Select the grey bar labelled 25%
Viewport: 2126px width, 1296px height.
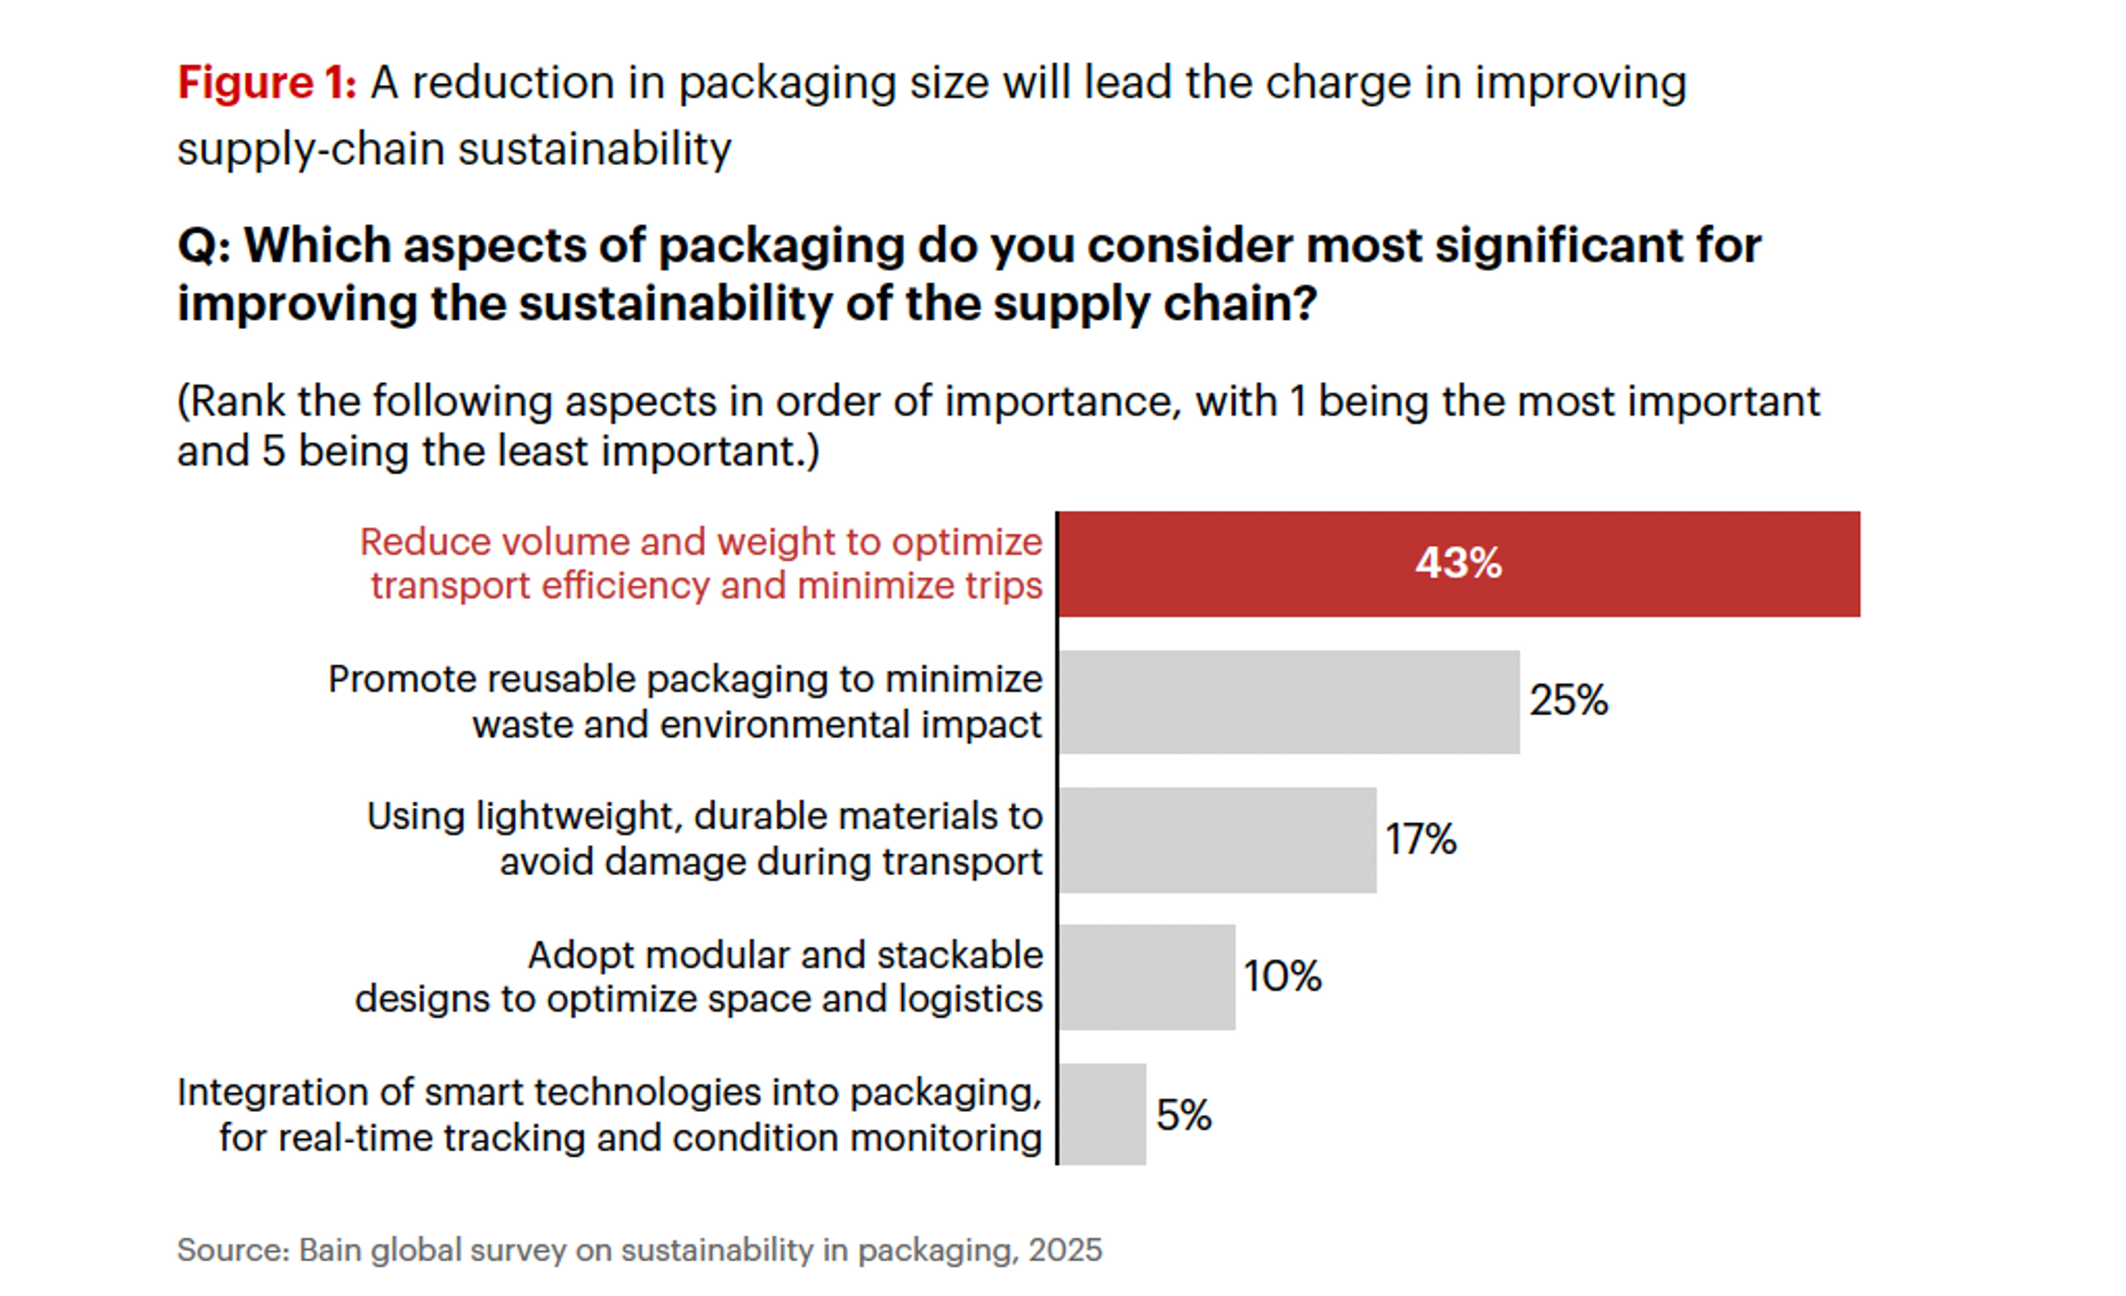tap(1289, 702)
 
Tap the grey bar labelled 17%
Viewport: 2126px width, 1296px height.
tap(1217, 839)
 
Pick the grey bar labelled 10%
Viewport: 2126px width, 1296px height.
tap(1146, 976)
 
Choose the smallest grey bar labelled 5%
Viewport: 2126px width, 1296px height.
tap(1102, 1114)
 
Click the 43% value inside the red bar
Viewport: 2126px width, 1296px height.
tap(1458, 563)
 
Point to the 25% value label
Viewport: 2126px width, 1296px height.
tap(1568, 700)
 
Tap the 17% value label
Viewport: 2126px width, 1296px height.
tap(1420, 839)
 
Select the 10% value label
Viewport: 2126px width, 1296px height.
tap(1282, 976)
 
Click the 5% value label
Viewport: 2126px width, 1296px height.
tap(1184, 1115)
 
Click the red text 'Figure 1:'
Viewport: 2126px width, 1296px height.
tap(266, 84)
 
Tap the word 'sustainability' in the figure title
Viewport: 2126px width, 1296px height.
tap(594, 149)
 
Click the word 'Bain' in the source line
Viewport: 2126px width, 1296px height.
tap(329, 1250)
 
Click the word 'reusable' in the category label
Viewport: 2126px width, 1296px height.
tap(562, 679)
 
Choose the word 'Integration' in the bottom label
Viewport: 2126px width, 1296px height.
tap(274, 1092)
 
